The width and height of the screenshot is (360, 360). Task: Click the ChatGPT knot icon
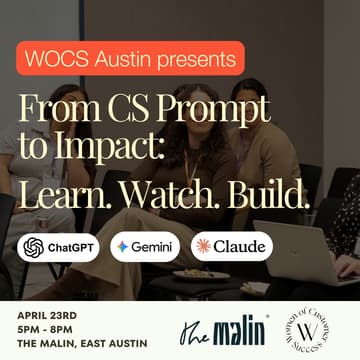coord(35,246)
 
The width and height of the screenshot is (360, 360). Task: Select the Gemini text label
coord(154,247)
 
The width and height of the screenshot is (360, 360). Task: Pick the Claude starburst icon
coord(206,246)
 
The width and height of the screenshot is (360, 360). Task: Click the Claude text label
coord(240,247)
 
